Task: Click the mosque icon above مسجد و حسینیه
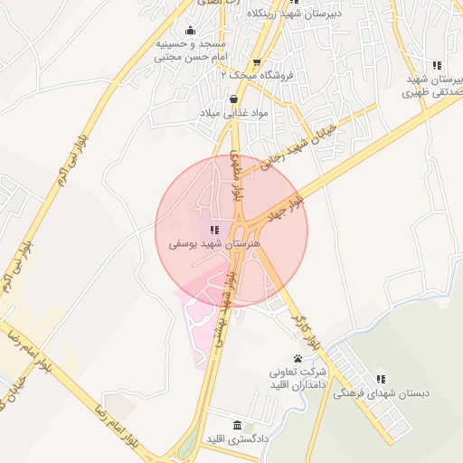click(x=189, y=30)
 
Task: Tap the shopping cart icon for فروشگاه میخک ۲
click(x=257, y=62)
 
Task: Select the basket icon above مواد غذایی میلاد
click(x=235, y=99)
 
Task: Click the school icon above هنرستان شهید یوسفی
click(x=213, y=231)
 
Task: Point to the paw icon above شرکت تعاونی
click(x=298, y=359)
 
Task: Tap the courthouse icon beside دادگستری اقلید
click(x=237, y=426)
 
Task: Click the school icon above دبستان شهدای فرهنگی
click(x=381, y=378)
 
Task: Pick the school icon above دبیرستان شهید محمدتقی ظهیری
click(x=437, y=65)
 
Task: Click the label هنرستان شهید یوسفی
click(x=213, y=245)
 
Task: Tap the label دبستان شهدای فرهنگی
click(x=381, y=393)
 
